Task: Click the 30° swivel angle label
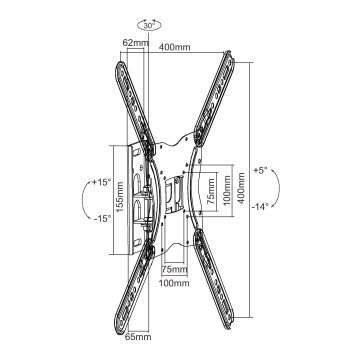pyautogui.click(x=150, y=25)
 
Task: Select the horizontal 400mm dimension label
pyautogui.click(x=175, y=47)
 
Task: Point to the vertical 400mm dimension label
pyautogui.click(x=241, y=187)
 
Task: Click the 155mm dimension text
pyautogui.click(x=120, y=196)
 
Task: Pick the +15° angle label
pyautogui.click(x=102, y=182)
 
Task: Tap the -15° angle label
pyautogui.click(x=102, y=219)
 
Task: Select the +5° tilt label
pyautogui.click(x=260, y=170)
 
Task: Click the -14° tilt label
pyautogui.click(x=260, y=207)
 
